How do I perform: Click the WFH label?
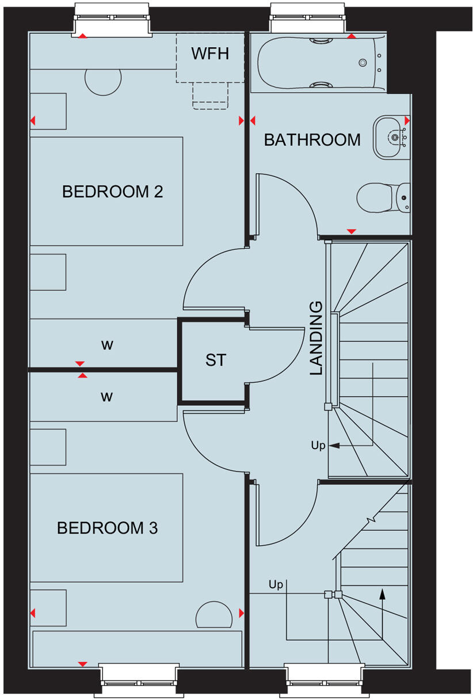(x=210, y=54)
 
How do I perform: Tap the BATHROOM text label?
(x=312, y=140)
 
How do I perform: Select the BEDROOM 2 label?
(x=112, y=192)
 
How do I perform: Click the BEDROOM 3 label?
(x=107, y=528)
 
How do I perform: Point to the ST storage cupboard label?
(x=216, y=361)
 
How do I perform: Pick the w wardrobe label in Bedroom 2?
(x=107, y=345)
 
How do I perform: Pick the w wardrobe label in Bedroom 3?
(x=107, y=397)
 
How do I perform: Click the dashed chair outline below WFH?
(x=210, y=95)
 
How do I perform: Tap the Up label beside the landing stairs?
(x=318, y=446)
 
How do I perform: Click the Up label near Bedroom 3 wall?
(x=276, y=585)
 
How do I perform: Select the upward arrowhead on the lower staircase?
(x=382, y=593)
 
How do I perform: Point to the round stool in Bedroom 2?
(x=104, y=80)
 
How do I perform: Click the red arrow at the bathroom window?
(x=351, y=36)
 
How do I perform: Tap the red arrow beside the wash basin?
(x=407, y=121)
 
